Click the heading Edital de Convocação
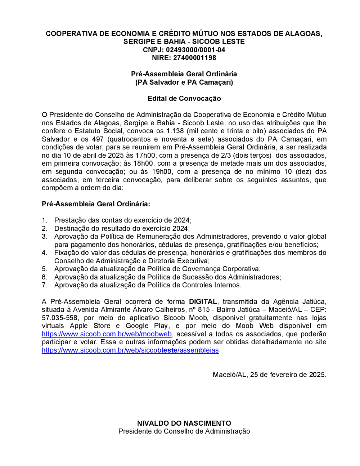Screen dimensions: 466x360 point(184,98)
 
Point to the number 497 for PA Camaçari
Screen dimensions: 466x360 point(98,139)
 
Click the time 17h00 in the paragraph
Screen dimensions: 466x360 point(145,156)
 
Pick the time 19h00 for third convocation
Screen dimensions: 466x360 point(162,172)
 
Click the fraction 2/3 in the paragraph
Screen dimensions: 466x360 point(225,156)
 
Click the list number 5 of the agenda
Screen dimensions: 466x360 point(44,269)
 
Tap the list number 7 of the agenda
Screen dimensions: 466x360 point(44,285)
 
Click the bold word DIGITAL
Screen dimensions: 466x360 point(203,301)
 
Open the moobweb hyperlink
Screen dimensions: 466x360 point(107,334)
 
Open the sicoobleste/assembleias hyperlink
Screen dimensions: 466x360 point(130,350)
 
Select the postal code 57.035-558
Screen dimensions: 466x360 point(59,318)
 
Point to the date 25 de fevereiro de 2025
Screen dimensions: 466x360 point(288,375)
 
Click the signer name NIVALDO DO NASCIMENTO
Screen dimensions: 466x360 point(184,423)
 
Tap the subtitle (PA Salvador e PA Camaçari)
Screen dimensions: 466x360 point(184,82)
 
